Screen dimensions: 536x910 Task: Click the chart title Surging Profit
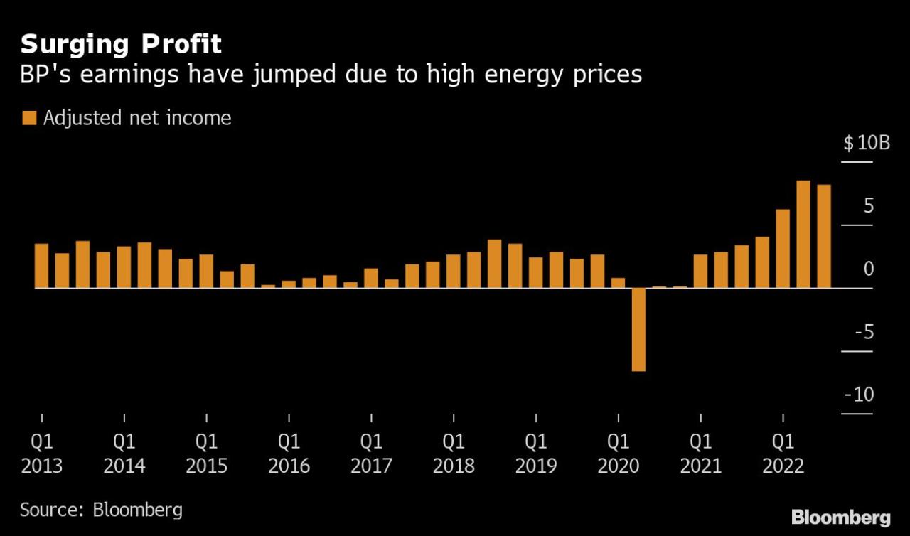click(121, 44)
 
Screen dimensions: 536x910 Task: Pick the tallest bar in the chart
click(803, 235)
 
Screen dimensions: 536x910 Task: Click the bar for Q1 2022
click(783, 249)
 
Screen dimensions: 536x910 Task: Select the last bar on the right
click(824, 237)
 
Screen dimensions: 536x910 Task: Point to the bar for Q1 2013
click(42, 266)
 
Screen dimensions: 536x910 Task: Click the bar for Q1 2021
click(700, 272)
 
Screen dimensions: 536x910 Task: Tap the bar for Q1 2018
click(454, 272)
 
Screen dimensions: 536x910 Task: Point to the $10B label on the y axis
click(866, 143)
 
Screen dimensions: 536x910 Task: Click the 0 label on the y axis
click(869, 269)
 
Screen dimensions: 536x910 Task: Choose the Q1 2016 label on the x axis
click(289, 454)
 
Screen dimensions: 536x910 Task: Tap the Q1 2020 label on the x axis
click(618, 454)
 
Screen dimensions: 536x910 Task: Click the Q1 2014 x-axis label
click(124, 454)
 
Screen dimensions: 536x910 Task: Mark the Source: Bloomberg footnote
click(101, 510)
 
